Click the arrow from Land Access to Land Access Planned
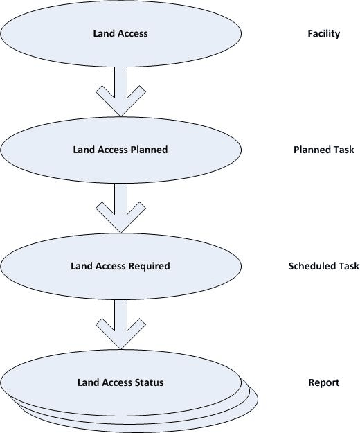point(120,91)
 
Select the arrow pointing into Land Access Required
point(120,207)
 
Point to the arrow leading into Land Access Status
point(120,324)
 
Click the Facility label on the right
point(323,33)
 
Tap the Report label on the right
point(323,382)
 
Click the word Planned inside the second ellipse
point(150,150)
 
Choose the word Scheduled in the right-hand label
point(312,266)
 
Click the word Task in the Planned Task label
point(343,150)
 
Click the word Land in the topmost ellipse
point(103,33)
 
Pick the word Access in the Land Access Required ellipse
point(109,266)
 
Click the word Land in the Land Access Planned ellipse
point(82,150)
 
